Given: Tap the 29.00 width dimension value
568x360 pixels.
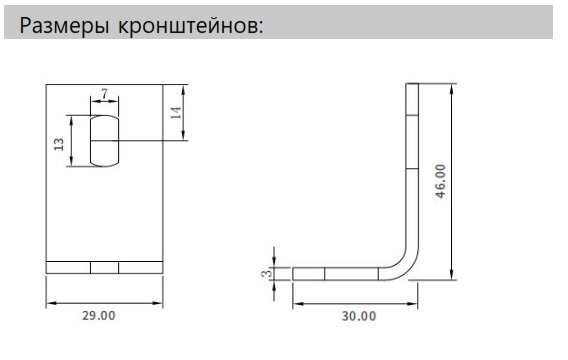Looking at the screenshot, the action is [x=98, y=316].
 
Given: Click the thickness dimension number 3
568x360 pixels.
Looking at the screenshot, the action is [x=267, y=272].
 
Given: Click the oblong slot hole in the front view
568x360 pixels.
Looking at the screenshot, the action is [x=104, y=140].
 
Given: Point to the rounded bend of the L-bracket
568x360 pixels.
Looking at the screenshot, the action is [x=406, y=262].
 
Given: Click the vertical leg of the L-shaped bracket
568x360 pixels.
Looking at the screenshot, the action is [x=413, y=170].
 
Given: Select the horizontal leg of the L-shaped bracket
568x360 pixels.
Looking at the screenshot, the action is [x=340, y=273].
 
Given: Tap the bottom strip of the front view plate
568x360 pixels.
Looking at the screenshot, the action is [x=104, y=267].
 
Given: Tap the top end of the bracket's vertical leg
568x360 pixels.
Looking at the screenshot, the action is [x=413, y=87].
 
